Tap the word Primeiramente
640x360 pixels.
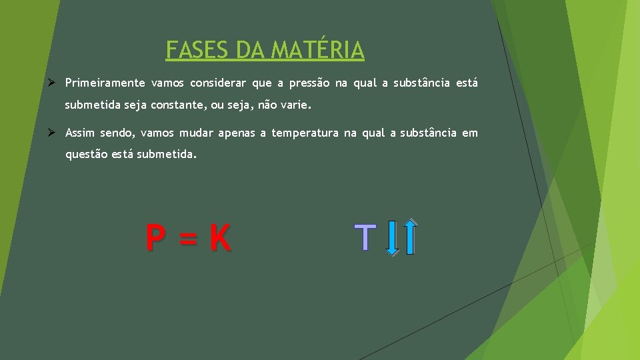[105, 83]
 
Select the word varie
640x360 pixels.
[295, 105]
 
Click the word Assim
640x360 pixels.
[80, 133]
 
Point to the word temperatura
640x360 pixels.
[305, 133]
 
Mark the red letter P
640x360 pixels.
[156, 238]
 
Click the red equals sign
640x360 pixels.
[188, 238]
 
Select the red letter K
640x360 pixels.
[221, 238]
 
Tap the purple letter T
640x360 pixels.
[365, 237]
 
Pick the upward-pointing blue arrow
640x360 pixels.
[411, 237]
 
